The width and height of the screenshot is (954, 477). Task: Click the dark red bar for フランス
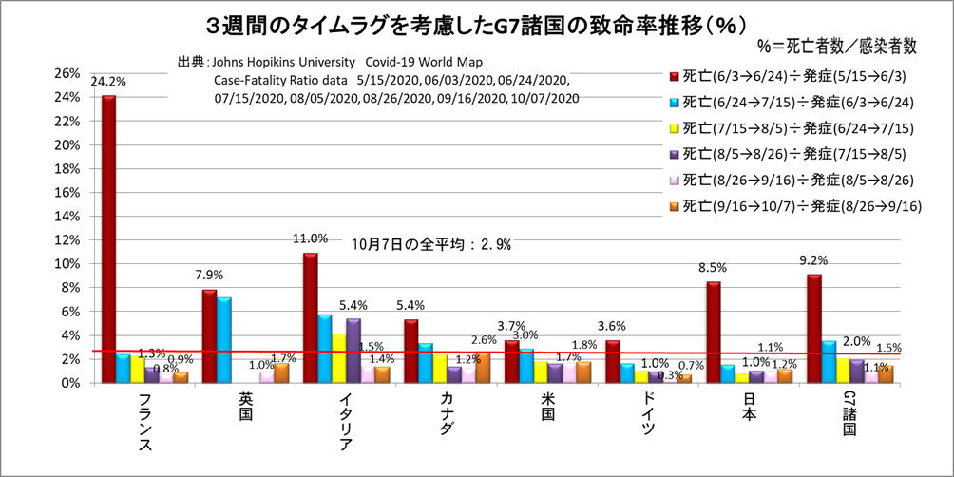click(108, 238)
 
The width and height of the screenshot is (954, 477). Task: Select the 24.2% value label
click(106, 82)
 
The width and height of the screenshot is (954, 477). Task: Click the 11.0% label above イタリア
click(311, 239)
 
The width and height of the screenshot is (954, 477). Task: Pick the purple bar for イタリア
click(353, 350)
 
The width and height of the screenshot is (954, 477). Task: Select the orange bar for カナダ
click(483, 367)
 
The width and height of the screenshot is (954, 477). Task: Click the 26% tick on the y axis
click(67, 73)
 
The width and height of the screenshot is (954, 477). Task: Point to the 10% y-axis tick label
click(67, 264)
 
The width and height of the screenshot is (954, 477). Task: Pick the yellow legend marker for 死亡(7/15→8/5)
click(676, 128)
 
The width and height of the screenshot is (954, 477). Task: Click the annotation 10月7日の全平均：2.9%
click(431, 244)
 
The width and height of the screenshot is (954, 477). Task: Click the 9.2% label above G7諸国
click(814, 260)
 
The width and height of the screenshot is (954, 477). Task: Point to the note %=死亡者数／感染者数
click(836, 45)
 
